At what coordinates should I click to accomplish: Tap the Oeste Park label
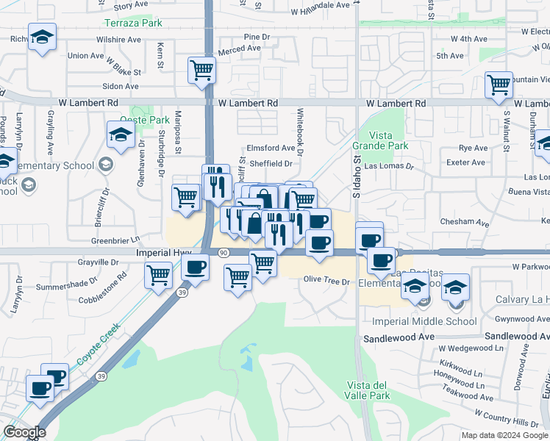tap(144, 120)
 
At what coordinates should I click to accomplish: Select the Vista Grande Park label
tap(379, 140)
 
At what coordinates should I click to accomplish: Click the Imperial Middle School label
tap(425, 321)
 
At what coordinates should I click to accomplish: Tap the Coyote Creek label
tap(100, 345)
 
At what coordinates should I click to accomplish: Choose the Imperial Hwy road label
tap(164, 252)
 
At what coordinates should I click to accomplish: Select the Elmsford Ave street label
tap(271, 148)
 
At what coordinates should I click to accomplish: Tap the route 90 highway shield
tap(223, 252)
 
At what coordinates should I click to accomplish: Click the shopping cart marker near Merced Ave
tap(201, 71)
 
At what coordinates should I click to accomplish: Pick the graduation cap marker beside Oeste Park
tap(121, 135)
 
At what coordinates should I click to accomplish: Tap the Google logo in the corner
tap(24, 432)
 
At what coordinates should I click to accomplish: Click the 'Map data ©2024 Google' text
tap(504, 435)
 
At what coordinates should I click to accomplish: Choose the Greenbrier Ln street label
tap(115, 240)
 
